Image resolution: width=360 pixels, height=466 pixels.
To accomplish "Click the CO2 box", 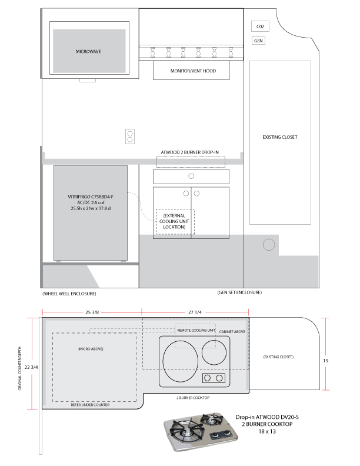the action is click(260, 26).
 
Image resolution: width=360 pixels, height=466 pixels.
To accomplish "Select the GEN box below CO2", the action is click(258, 41).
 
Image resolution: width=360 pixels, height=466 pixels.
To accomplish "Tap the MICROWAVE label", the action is click(88, 51).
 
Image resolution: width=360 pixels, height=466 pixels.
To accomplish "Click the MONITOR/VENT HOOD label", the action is click(193, 71).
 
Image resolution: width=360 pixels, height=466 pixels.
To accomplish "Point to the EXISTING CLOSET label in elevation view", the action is click(280, 137).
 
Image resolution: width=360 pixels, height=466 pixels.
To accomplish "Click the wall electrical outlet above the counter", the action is click(130, 137).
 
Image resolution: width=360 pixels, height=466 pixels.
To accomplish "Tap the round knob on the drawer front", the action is click(191, 176).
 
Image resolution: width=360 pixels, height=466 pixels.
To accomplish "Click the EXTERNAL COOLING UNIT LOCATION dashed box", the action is click(175, 221).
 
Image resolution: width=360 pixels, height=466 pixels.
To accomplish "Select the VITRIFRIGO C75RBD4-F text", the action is click(91, 197).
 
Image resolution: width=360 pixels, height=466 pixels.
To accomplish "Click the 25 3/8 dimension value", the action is click(92, 312).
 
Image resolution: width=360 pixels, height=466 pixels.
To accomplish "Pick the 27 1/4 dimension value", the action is click(195, 312).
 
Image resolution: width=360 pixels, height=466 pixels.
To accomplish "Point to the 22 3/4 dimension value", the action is click(31, 367).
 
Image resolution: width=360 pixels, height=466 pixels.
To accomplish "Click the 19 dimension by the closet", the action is click(326, 361).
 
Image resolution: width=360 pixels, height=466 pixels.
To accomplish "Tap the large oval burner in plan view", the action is click(181, 361).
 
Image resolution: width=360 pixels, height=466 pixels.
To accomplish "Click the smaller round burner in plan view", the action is click(214, 353).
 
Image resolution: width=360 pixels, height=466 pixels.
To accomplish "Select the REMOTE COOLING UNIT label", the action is click(196, 330).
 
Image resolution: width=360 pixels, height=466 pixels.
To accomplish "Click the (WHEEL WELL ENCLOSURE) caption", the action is click(69, 294).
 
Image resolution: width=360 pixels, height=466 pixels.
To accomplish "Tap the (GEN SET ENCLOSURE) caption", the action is click(239, 292).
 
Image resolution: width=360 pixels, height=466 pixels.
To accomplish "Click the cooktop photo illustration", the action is click(201, 431).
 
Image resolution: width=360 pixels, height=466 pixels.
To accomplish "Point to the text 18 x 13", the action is click(267, 431).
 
